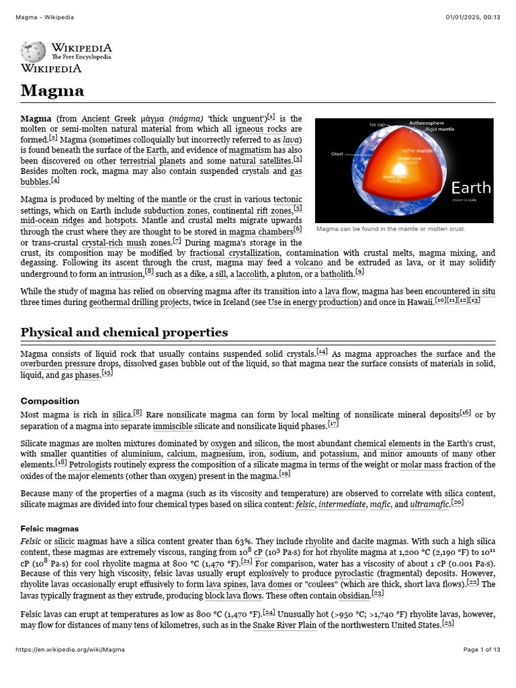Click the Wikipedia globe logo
(x=33, y=52)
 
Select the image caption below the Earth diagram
(x=390, y=228)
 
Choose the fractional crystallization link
(x=233, y=253)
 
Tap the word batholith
(x=336, y=274)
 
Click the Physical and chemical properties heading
(x=124, y=333)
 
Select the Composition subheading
(x=51, y=401)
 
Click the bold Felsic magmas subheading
(x=50, y=529)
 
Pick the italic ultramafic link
(x=429, y=504)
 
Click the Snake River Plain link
(x=284, y=626)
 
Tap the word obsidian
(x=352, y=595)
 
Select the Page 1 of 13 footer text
(x=482, y=669)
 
